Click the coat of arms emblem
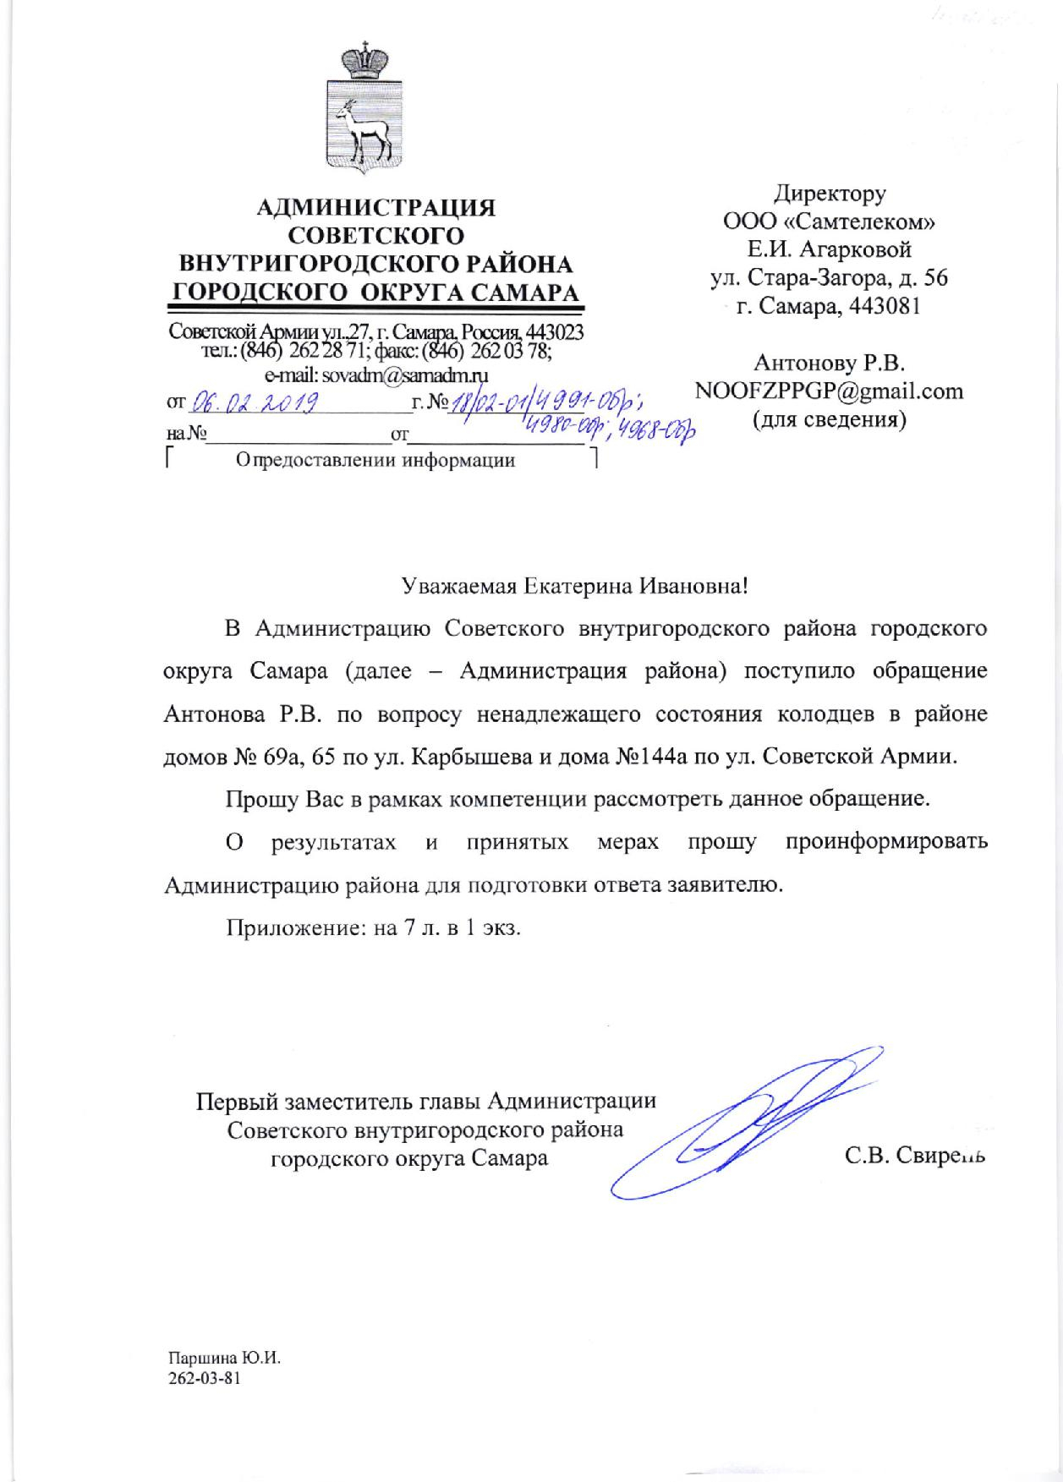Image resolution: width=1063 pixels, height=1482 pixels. point(368,109)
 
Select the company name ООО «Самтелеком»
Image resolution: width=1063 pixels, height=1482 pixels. point(829,222)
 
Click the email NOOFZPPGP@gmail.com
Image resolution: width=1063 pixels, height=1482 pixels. point(829,391)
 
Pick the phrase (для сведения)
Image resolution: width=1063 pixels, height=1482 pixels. point(829,420)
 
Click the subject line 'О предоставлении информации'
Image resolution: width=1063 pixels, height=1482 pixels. point(376,461)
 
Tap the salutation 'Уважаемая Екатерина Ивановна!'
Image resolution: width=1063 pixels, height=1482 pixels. point(574,584)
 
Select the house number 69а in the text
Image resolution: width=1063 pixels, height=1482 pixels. point(288,757)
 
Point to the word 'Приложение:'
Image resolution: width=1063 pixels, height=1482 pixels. point(286,928)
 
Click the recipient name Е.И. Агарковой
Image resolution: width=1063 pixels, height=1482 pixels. point(829,250)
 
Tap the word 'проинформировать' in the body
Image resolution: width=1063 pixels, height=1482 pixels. point(885,843)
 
